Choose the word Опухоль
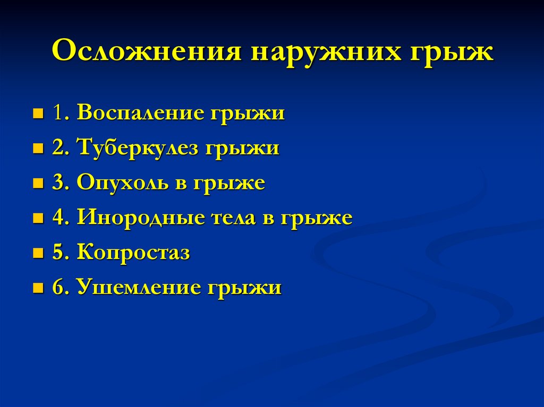[x=124, y=183]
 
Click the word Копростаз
[x=133, y=253]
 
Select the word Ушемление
[x=135, y=288]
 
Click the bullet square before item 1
[x=38, y=114]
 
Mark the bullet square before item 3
[x=38, y=184]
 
